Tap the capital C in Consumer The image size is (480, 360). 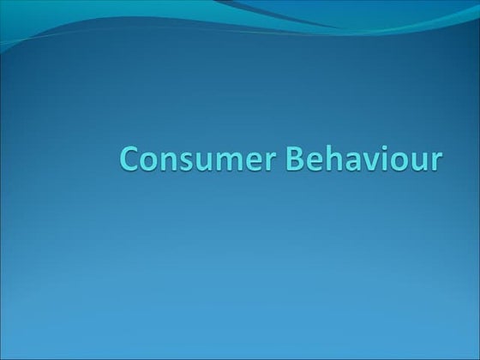tap(130, 159)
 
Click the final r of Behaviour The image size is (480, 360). tap(435, 162)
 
